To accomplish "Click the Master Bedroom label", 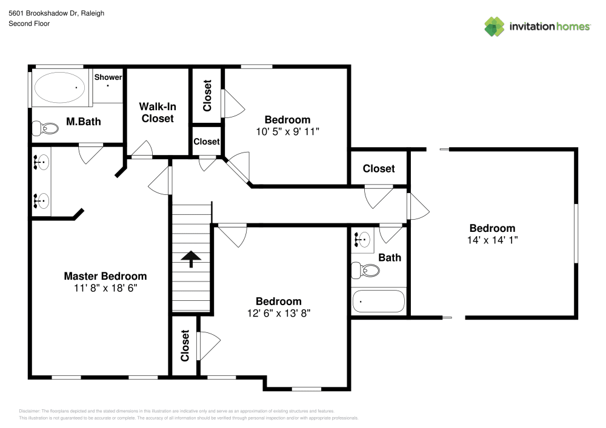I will [105, 276].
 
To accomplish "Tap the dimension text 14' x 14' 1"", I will [492, 240].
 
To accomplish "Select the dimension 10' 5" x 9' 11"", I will [287, 131].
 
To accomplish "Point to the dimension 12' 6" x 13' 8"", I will [278, 313].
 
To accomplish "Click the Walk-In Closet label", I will [158, 113].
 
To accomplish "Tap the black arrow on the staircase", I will [191, 259].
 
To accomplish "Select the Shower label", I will [108, 77].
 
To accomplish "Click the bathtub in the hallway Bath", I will [378, 300].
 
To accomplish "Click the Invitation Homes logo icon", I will [494, 26].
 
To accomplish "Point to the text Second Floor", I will [29, 24].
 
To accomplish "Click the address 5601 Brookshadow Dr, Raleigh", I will [56, 12].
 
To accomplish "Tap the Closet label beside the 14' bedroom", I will [379, 169].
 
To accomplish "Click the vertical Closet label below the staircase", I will [185, 345].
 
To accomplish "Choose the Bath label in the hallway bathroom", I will [390, 257].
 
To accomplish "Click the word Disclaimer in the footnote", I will [30, 411].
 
